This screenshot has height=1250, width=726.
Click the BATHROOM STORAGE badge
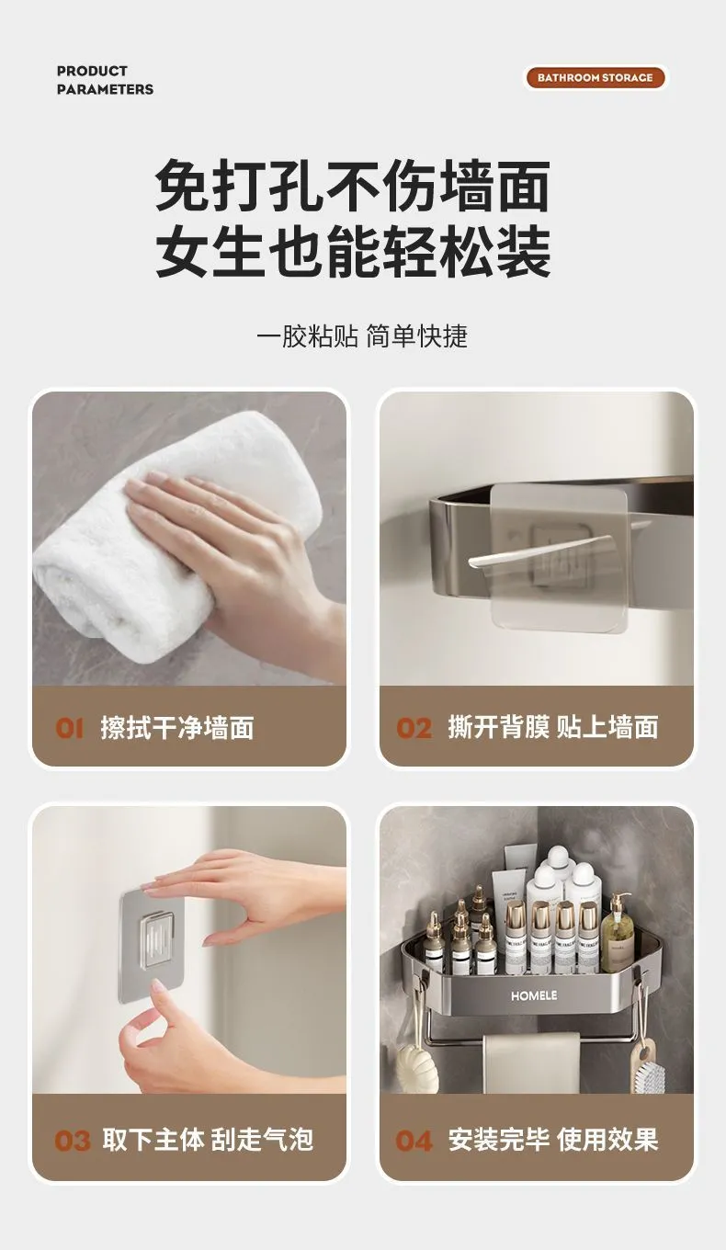click(595, 77)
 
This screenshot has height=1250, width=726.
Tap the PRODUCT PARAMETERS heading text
click(105, 80)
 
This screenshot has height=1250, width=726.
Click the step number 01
click(69, 728)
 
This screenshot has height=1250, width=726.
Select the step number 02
click(414, 728)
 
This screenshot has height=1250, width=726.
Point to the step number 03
click(72, 1141)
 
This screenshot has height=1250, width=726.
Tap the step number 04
click(414, 1141)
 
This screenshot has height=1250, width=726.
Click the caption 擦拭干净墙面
click(177, 728)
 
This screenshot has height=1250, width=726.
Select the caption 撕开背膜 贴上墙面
click(553, 727)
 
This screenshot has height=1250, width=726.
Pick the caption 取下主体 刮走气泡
click(208, 1140)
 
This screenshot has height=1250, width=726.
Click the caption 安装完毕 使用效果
click(553, 1140)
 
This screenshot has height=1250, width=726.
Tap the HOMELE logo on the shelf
click(534, 995)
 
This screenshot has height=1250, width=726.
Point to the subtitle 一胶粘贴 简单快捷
click(362, 336)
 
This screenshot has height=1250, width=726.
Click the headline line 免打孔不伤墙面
click(353, 186)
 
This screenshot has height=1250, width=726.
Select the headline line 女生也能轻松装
click(353, 251)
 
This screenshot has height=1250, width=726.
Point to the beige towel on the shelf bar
click(531, 1062)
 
